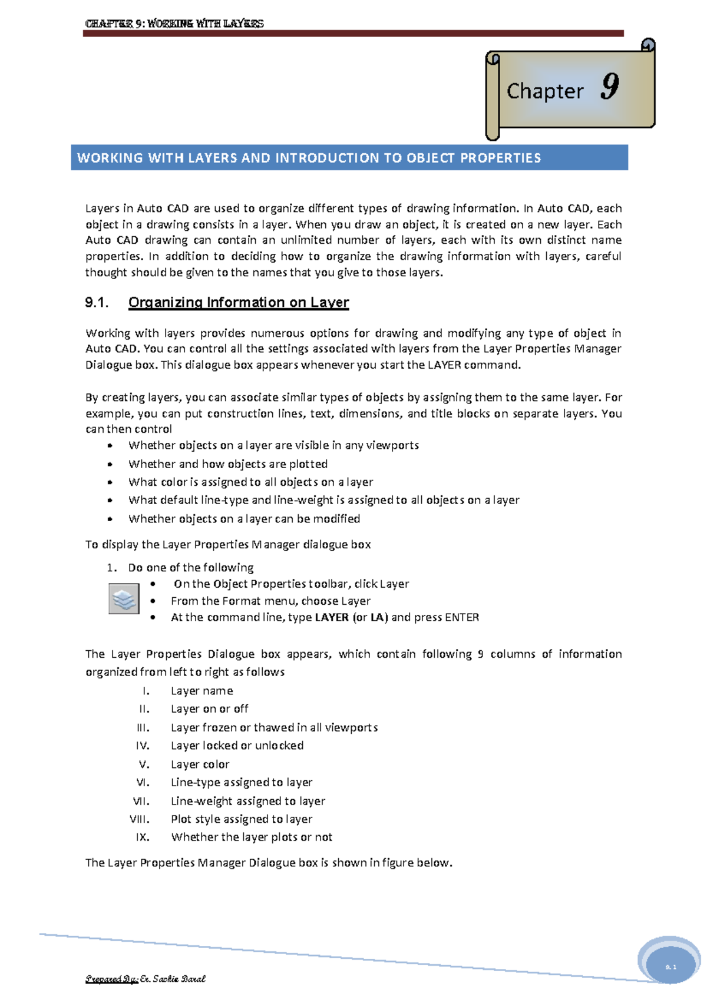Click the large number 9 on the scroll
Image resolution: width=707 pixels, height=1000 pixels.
[610, 87]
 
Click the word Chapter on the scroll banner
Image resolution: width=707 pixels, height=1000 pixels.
[544, 91]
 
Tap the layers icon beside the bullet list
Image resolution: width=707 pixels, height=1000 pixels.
[124, 599]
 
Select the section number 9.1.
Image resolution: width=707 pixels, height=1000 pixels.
[97, 302]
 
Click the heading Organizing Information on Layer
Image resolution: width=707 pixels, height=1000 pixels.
[239, 302]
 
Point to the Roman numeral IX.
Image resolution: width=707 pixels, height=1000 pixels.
[143, 837]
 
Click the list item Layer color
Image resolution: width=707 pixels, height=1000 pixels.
[200, 764]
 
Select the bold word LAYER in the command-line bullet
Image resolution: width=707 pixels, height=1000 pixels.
[332, 617]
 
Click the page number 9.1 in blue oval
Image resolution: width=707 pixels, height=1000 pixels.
[670, 967]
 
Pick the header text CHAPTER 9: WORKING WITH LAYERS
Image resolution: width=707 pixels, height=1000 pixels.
[174, 24]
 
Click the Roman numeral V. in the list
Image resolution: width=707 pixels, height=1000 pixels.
[144, 764]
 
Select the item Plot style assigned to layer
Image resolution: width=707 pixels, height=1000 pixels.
[242, 819]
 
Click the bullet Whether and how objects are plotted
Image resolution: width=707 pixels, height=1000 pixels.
[228, 463]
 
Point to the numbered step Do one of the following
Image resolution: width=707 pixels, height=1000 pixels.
[191, 567]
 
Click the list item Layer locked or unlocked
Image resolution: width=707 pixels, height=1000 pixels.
[237, 745]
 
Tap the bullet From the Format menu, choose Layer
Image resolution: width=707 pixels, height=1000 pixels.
[270, 601]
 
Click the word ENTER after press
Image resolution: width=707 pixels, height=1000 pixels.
[462, 617]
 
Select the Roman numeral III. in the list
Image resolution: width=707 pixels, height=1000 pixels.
[143, 727]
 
